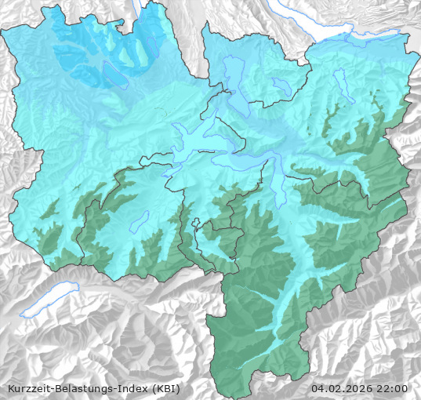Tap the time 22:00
coord(394,388)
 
